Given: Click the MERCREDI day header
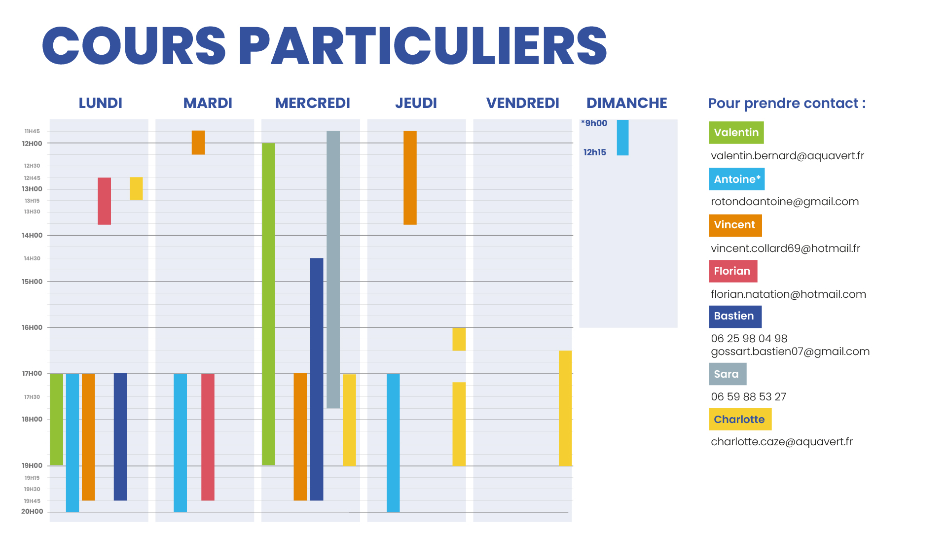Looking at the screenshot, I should click(312, 103).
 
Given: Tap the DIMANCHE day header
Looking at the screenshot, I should click(626, 103).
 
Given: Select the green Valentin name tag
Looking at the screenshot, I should click(736, 133).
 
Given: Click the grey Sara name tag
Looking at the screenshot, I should click(728, 374).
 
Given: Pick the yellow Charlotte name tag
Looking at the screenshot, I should click(740, 420).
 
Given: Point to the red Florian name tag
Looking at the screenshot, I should click(733, 271).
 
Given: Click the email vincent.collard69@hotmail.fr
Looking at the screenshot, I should click(785, 249).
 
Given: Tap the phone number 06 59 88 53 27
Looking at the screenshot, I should click(748, 397).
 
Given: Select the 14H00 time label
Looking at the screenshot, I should click(32, 236).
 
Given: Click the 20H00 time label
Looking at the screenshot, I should click(32, 512).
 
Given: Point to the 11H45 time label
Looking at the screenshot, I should click(32, 132).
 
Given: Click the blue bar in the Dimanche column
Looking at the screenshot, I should click(622, 138).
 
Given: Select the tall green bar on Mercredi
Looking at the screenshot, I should click(268, 304).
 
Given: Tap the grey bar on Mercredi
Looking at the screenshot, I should click(333, 269).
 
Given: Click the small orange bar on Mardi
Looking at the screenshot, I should click(198, 142).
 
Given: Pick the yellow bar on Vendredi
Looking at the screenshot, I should click(565, 408).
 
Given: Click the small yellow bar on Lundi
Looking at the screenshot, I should click(136, 188).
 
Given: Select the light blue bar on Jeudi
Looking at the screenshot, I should click(393, 443).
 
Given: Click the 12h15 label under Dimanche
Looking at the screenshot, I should click(594, 153).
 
